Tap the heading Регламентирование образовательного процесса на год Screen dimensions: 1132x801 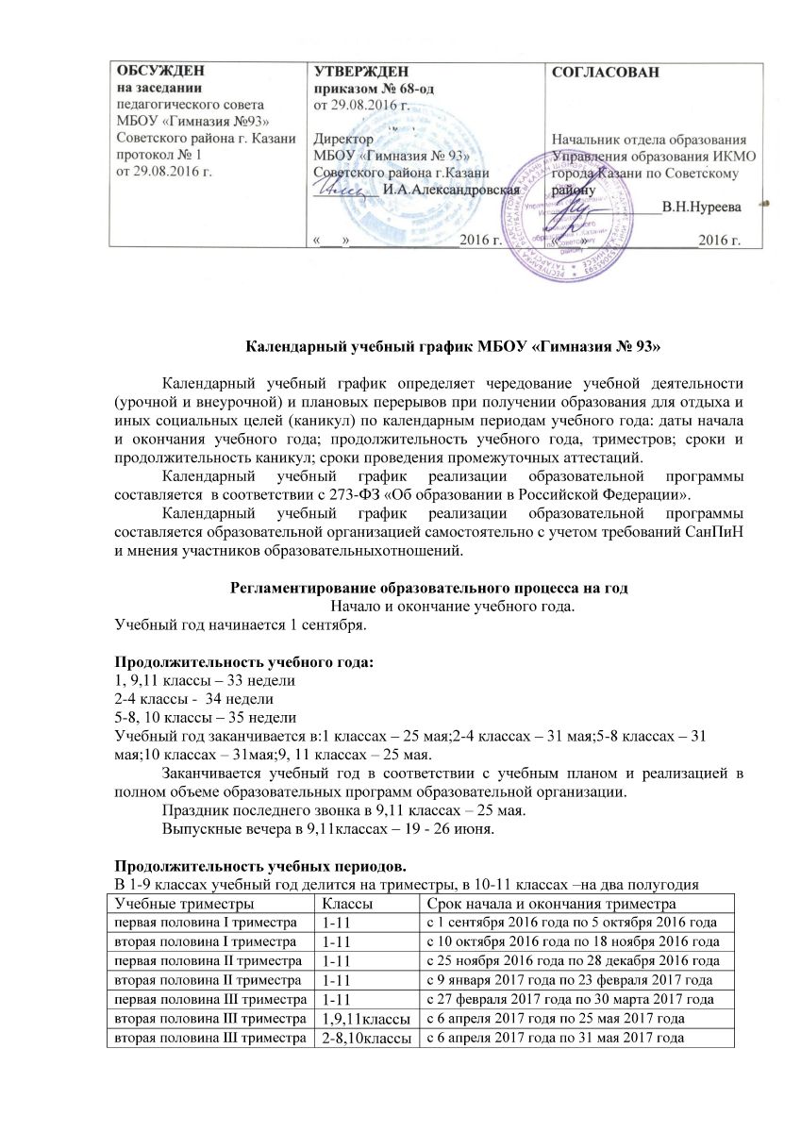[x=428, y=587]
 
